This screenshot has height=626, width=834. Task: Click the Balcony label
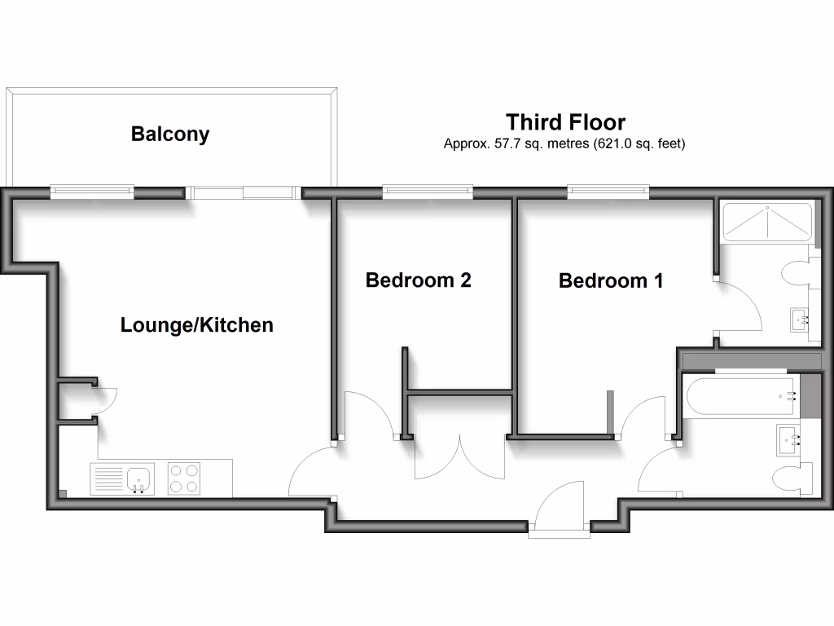tap(170, 134)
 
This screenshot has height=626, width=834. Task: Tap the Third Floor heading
tap(565, 122)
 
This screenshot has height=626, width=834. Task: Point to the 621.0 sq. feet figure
tap(642, 144)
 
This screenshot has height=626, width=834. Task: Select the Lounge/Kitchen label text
tap(196, 325)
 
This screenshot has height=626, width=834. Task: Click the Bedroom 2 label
tap(419, 280)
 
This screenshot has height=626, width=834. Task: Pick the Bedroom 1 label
tap(611, 281)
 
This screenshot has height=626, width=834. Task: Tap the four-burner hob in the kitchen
tap(183, 478)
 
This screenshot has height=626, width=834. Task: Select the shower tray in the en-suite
tap(766, 222)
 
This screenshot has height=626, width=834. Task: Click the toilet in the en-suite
tap(798, 274)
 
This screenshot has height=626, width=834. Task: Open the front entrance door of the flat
tap(559, 509)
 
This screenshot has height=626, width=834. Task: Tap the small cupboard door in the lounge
tap(106, 399)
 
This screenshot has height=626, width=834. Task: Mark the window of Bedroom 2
tap(428, 192)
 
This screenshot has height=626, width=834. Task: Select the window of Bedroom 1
tap(608, 192)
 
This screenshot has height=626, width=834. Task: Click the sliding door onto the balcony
tap(242, 192)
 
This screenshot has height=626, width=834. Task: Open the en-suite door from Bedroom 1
tap(740, 306)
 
